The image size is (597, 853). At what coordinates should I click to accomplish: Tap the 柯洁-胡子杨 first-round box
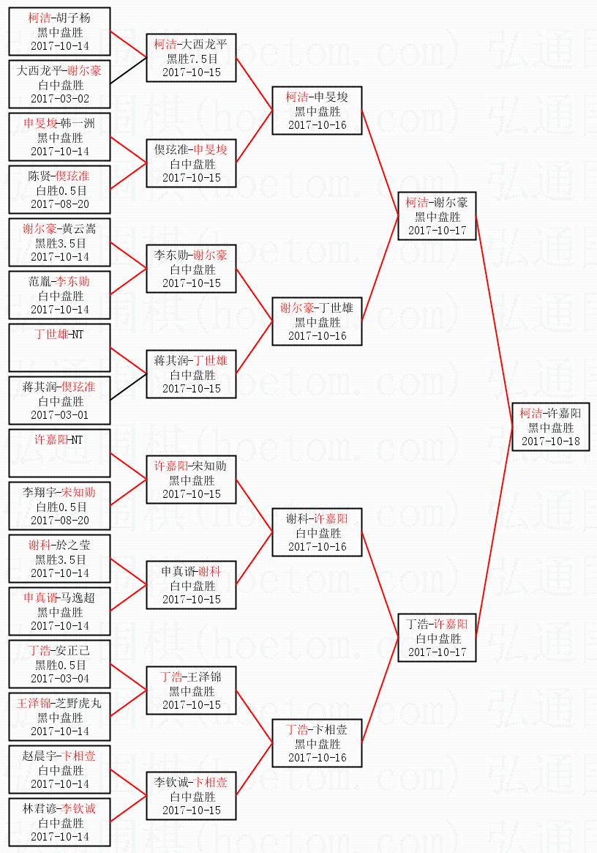click(x=60, y=31)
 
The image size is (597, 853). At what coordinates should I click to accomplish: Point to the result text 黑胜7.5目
click(x=192, y=59)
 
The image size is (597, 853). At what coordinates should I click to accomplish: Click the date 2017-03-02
click(x=60, y=98)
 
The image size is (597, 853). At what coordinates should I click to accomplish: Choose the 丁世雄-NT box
click(x=60, y=348)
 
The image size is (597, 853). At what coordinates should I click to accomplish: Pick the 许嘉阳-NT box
click(x=60, y=453)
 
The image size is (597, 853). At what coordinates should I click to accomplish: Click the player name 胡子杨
click(x=75, y=18)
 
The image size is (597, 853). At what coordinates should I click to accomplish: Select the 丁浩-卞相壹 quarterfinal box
click(x=317, y=743)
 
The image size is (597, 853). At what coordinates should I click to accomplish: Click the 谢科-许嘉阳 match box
click(x=317, y=532)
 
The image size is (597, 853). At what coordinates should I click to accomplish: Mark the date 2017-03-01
click(x=60, y=414)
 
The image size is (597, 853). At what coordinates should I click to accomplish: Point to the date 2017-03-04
click(x=60, y=678)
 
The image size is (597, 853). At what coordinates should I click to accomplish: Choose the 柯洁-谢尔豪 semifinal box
click(x=437, y=216)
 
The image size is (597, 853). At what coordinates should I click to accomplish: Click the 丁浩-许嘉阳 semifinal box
click(x=437, y=638)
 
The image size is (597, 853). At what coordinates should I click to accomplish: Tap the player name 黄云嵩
click(x=79, y=228)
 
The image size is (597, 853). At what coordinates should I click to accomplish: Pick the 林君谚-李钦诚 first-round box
click(x=60, y=822)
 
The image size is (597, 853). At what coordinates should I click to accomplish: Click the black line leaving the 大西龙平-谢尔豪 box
click(x=128, y=71)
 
